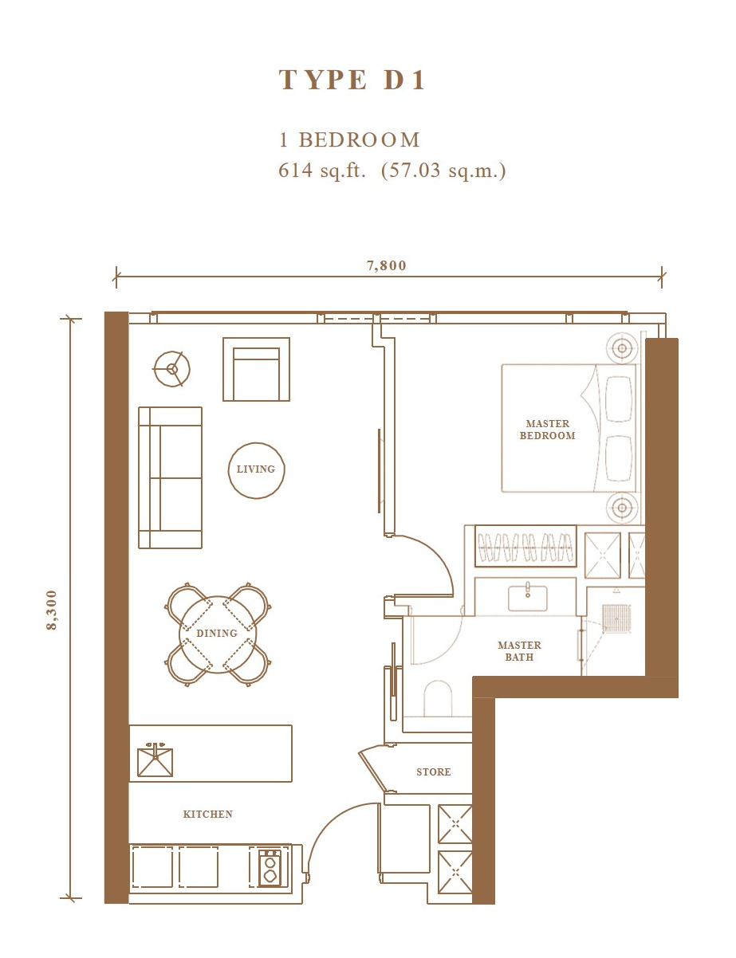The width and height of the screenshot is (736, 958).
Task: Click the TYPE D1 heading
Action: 352,80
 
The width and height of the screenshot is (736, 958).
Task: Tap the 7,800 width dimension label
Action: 386,265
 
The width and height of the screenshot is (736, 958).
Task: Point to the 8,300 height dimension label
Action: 52,610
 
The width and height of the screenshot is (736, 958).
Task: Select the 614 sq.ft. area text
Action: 322,171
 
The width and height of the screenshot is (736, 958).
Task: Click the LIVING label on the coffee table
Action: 256,469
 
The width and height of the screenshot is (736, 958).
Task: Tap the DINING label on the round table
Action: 217,634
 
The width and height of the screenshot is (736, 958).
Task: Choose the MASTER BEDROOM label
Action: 547,430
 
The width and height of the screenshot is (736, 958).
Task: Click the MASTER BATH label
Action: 519,651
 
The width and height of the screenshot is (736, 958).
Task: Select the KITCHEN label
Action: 207,815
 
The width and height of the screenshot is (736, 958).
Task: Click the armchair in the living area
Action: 256,370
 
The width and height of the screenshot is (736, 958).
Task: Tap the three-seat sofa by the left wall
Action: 170,477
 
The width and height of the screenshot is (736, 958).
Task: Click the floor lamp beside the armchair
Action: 172,369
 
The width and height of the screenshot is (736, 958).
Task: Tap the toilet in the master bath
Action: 438,699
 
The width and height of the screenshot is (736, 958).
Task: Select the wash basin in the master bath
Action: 528,598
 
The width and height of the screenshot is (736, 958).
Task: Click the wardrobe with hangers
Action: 525,546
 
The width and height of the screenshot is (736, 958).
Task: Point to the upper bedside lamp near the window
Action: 622,348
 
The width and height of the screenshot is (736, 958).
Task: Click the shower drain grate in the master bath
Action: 616,618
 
